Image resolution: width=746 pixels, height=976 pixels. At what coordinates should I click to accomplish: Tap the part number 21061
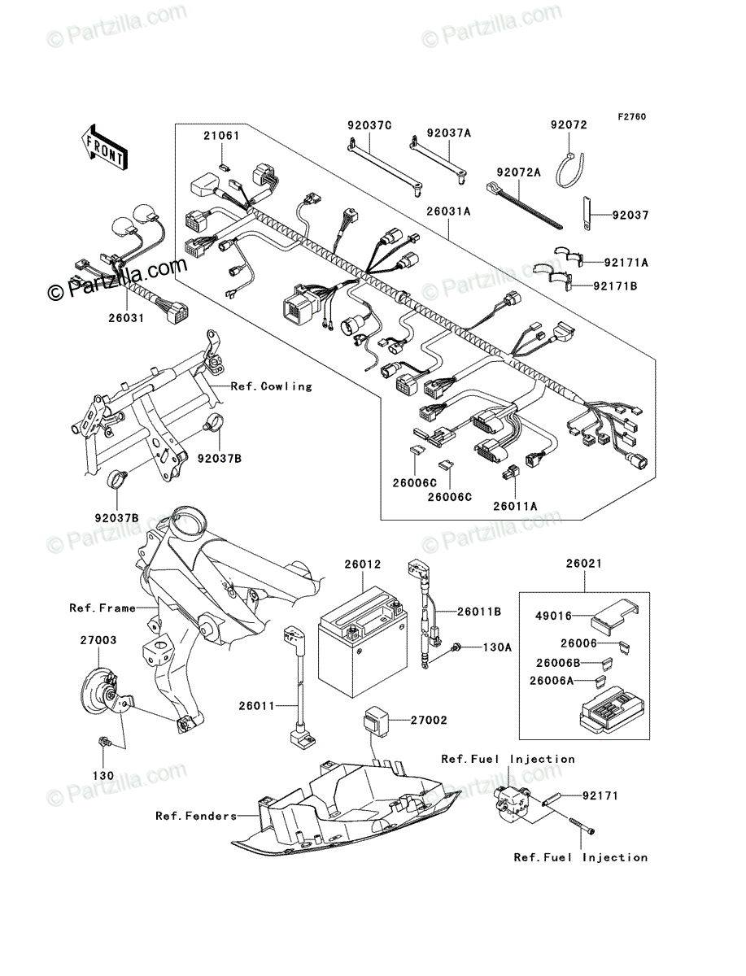click(221, 136)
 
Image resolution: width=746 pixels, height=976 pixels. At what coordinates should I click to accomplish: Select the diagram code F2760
click(632, 117)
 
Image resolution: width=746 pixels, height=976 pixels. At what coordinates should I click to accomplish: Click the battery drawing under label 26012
click(363, 642)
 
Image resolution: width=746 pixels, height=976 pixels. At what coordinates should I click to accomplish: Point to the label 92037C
click(369, 125)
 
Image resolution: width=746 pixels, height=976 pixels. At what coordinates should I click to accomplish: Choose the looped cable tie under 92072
click(569, 169)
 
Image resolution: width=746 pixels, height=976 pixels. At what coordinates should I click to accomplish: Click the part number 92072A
click(518, 172)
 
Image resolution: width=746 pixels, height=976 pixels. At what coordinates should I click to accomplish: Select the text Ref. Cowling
click(271, 386)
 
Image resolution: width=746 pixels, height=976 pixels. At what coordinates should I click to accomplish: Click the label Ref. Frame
click(103, 608)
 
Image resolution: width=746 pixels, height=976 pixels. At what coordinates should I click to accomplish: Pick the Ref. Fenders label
click(196, 816)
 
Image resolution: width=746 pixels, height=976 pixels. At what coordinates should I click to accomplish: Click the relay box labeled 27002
click(376, 721)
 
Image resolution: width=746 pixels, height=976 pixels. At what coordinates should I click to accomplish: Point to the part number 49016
click(553, 616)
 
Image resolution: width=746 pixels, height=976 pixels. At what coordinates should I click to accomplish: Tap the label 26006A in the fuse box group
click(552, 680)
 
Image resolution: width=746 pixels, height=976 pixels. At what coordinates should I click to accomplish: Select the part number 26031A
click(448, 211)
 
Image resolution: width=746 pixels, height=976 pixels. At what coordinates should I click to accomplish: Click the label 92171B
click(615, 286)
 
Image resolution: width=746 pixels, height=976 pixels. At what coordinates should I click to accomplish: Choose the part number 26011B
click(479, 612)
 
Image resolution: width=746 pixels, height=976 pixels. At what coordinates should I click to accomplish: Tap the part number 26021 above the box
click(584, 564)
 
